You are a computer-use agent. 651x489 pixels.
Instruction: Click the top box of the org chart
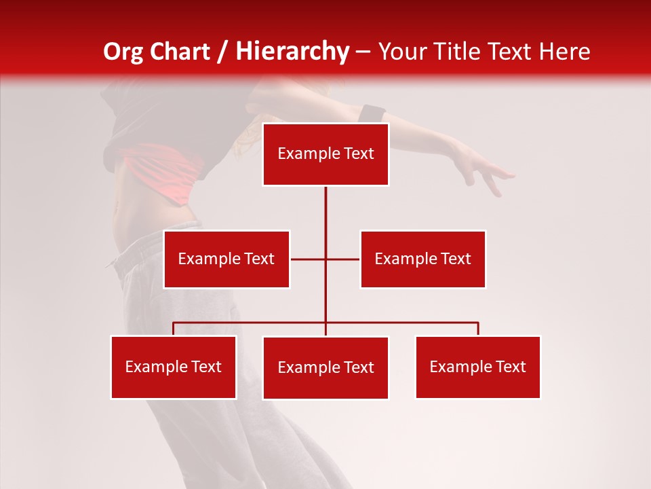click(325, 154)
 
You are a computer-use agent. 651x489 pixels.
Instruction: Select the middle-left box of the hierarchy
click(226, 259)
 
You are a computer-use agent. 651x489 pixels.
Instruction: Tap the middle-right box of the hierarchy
click(422, 259)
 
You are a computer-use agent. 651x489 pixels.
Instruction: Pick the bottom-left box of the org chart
click(174, 367)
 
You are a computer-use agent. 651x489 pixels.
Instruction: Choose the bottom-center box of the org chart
click(325, 367)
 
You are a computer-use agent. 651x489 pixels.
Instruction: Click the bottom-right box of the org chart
click(478, 367)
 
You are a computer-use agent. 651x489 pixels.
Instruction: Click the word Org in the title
click(123, 52)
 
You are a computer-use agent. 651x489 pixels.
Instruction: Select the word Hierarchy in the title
click(292, 52)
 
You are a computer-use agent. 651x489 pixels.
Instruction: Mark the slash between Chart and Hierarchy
click(223, 52)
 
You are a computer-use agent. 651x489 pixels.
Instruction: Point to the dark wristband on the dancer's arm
click(372, 113)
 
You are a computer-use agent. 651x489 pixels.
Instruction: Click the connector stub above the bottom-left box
click(174, 329)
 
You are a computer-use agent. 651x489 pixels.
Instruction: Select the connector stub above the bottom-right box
click(478, 329)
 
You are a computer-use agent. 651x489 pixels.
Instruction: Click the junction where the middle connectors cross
click(325, 259)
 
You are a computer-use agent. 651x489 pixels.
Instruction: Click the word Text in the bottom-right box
click(511, 367)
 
